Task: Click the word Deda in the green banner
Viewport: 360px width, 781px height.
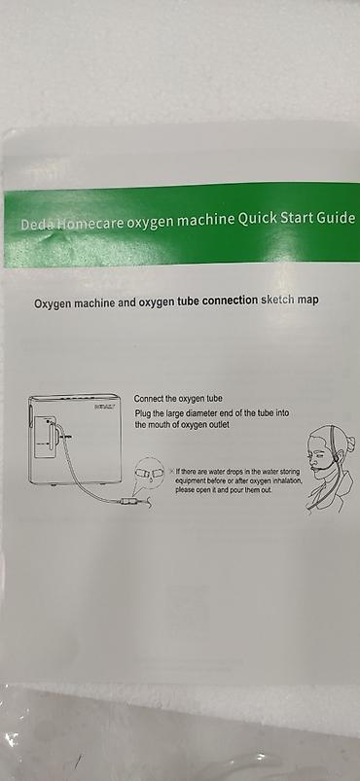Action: (37, 225)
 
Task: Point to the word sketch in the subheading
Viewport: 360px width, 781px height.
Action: (277, 301)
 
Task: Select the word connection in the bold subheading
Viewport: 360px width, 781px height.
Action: (231, 302)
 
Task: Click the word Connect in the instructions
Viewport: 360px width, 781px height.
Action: (149, 399)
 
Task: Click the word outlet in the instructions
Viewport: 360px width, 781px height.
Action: (218, 425)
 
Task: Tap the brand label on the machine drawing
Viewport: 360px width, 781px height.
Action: (104, 407)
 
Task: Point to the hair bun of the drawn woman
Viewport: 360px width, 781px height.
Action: (350, 442)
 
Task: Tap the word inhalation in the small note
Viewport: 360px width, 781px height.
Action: (286, 480)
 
